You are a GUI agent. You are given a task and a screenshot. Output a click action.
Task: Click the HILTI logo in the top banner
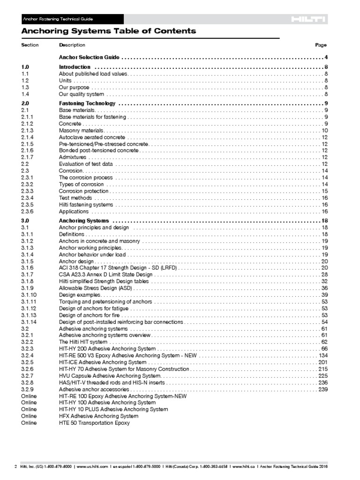307,19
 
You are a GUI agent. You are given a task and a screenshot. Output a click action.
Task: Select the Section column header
30,45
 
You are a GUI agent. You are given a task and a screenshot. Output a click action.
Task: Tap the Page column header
321,45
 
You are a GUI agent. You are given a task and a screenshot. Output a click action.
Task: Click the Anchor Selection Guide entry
89,57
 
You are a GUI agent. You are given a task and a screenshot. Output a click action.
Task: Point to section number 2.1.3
27,130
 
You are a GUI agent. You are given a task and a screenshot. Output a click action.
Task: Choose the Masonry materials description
81,130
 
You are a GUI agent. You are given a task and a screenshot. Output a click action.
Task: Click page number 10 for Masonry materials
324,130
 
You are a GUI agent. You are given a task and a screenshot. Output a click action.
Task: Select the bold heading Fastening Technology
87,103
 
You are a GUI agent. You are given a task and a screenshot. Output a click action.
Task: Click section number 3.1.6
27,268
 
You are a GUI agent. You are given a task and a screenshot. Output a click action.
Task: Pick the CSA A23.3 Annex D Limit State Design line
105,274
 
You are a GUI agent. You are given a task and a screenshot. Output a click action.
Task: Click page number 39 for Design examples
324,295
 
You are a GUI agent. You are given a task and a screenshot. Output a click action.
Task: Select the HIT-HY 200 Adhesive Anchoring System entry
107,349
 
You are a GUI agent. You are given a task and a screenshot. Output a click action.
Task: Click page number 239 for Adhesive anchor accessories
322,390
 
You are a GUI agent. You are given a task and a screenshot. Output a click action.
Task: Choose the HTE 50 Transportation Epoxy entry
94,423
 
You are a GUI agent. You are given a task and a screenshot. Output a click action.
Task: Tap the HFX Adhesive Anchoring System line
98,416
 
